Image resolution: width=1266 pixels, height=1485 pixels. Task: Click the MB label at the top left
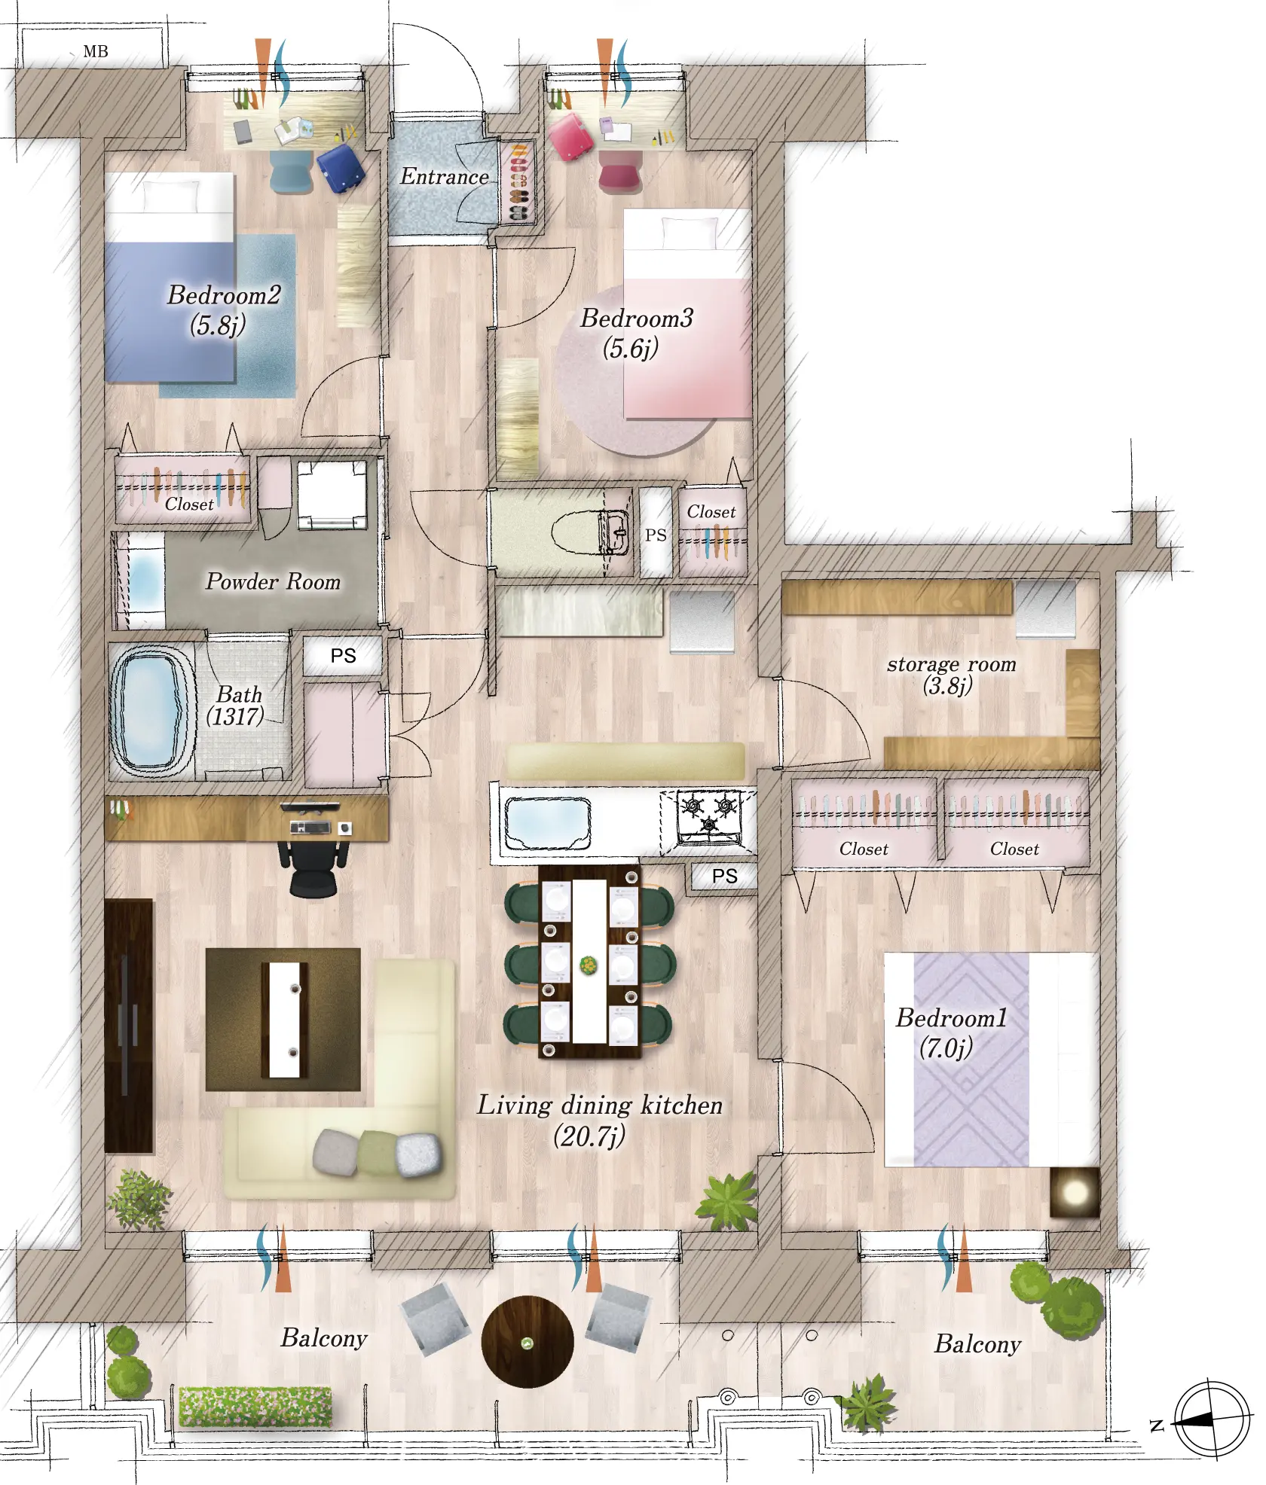(96, 51)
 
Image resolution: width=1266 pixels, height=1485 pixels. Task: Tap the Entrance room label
(445, 176)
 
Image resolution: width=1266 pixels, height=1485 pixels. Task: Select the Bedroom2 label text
(224, 294)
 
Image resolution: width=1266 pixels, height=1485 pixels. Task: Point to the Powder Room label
(273, 581)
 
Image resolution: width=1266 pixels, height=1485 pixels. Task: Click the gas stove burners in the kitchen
(708, 816)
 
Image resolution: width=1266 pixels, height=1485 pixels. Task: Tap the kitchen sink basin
(547, 823)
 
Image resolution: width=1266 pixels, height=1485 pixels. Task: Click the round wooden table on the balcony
(527, 1341)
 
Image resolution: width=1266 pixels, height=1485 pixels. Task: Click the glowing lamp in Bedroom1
(1075, 1193)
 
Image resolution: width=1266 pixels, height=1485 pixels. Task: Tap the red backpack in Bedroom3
(573, 136)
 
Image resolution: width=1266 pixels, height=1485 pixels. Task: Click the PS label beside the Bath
(343, 655)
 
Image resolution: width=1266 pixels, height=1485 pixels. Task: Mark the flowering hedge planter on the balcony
(255, 1405)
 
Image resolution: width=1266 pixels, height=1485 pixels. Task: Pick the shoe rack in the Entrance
(518, 181)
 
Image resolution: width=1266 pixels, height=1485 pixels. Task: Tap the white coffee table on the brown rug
(284, 1020)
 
